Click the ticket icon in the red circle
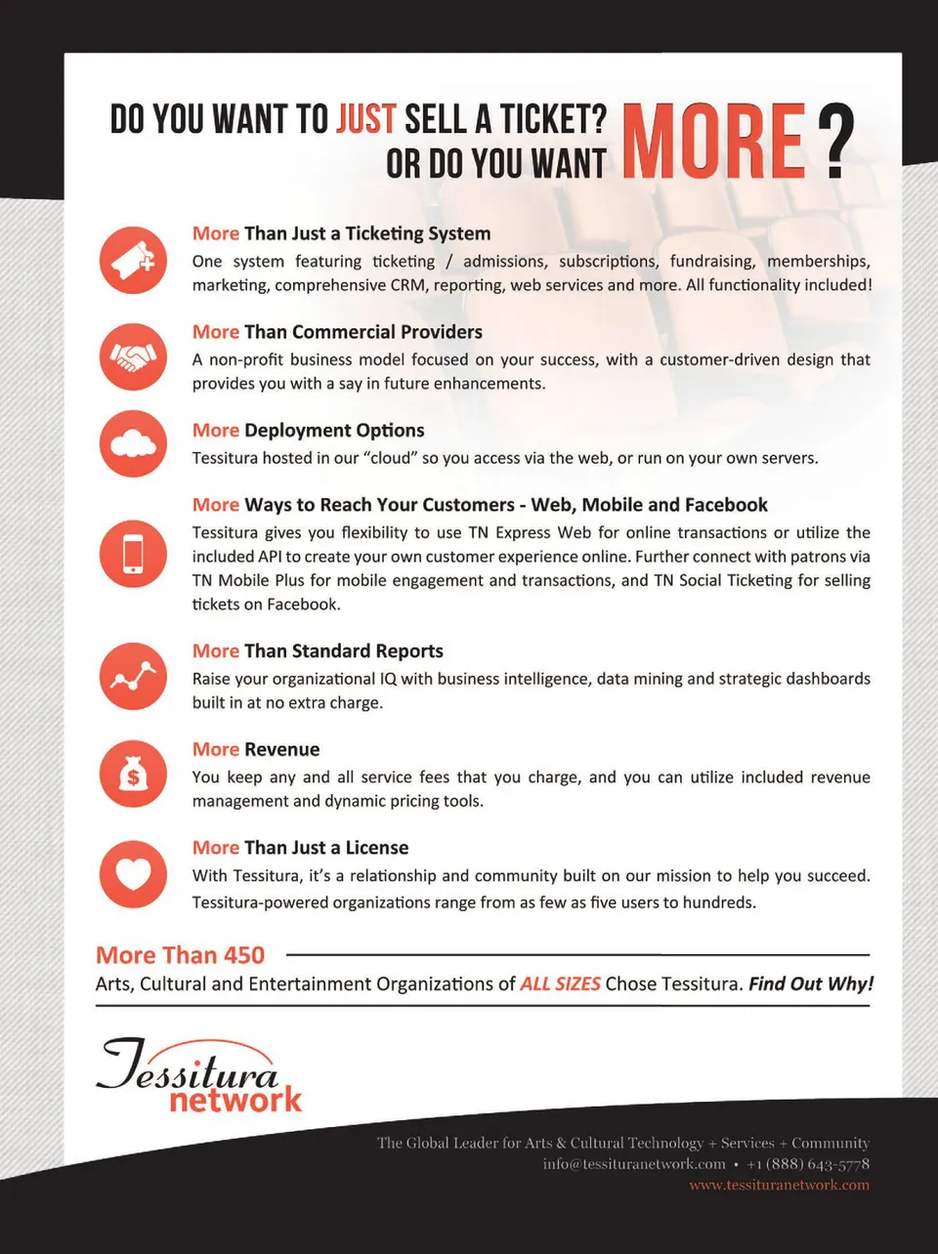point(133,260)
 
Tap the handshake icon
point(133,357)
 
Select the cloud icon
point(133,444)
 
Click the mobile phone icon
point(133,554)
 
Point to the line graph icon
point(133,676)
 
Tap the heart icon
point(133,873)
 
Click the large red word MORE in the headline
point(713,143)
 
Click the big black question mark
point(835,143)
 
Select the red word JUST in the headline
point(366,119)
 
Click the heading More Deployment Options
point(308,431)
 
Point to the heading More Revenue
point(256,749)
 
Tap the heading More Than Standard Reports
point(318,651)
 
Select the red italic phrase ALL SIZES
point(560,983)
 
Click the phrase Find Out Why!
point(811,983)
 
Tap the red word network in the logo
point(235,1101)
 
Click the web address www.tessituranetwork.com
point(779,1186)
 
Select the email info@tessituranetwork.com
point(634,1164)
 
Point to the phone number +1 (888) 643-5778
point(808,1164)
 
